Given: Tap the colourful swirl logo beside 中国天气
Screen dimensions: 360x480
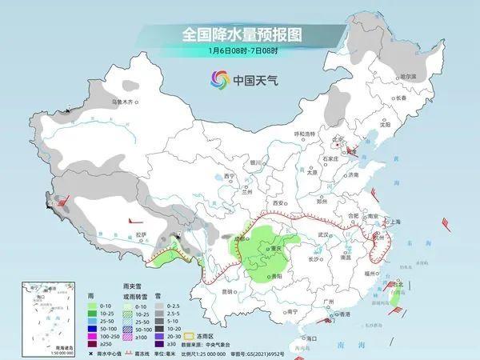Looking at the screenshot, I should click(218, 78).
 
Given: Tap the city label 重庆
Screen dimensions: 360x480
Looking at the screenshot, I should click(278, 249).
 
